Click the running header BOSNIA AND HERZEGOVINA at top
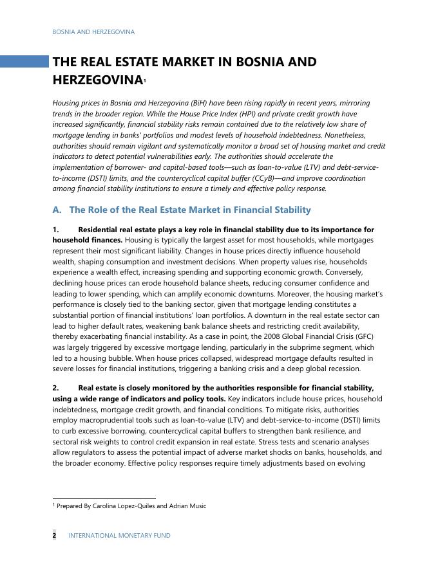coord(93,32)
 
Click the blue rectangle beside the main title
coord(24,62)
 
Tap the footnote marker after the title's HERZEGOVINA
coord(146,80)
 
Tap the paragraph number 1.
coord(55,230)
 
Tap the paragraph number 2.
coord(55,388)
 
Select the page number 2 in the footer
coord(54,535)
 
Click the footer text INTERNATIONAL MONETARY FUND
coord(119,535)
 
